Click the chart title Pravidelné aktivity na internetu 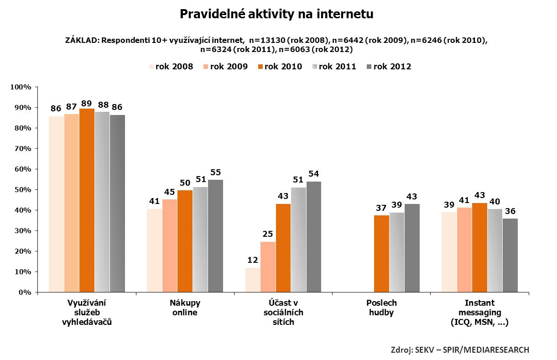tap(276, 15)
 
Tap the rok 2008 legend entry tap(171, 67)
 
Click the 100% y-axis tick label tap(21, 87)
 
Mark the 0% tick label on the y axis tap(25, 292)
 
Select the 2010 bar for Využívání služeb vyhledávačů tap(87, 201)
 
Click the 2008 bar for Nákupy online tap(154, 250)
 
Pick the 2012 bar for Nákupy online tap(215, 236)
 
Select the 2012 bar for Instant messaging tap(510, 255)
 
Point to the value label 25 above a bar tap(268, 234)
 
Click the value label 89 tap(87, 103)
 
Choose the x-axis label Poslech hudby tap(381, 308)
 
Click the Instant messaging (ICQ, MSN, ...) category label tap(479, 313)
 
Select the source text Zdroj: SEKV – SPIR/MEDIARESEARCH tap(460, 350)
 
